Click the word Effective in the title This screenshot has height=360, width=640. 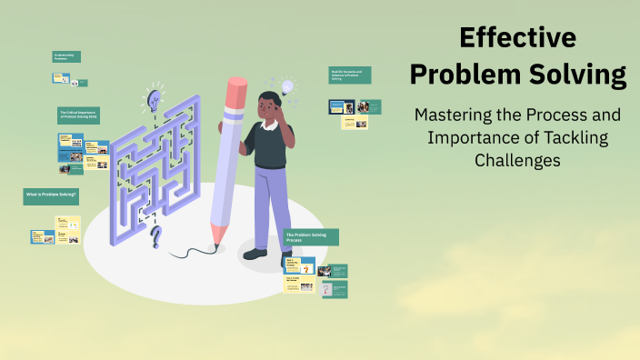(x=517, y=38)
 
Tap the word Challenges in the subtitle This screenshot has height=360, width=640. (x=518, y=160)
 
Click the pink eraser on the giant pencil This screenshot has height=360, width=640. (x=235, y=91)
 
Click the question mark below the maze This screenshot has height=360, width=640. (x=156, y=239)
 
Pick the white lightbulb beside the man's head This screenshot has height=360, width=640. (x=288, y=87)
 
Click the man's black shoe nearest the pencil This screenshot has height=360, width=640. (x=255, y=254)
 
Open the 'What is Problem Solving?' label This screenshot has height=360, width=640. (x=51, y=195)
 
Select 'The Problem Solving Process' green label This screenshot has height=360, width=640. (x=311, y=236)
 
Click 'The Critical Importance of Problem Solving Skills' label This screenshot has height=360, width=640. (x=78, y=115)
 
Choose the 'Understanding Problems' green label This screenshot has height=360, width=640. (x=66, y=56)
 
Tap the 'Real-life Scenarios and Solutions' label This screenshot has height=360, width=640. (x=350, y=75)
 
